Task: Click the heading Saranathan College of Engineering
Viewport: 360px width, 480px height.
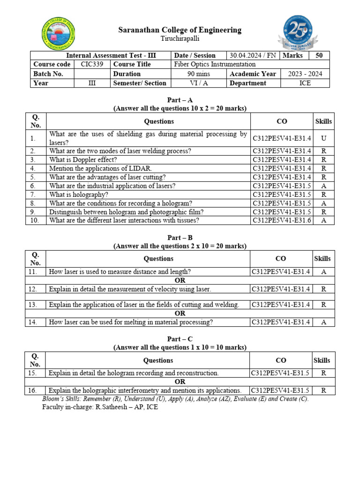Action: [180, 30]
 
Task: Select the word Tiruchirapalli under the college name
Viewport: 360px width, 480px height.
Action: [180, 38]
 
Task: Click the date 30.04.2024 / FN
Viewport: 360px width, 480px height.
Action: [253, 55]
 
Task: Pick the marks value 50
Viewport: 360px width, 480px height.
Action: [319, 55]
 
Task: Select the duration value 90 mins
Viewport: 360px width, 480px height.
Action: [199, 74]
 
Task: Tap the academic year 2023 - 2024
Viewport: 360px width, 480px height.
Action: [305, 74]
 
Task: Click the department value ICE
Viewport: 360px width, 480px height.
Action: [305, 83]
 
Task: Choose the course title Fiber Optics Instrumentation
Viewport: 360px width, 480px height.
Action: [215, 64]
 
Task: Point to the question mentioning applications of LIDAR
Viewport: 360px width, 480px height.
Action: [100, 168]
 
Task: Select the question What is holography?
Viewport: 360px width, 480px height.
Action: [79, 194]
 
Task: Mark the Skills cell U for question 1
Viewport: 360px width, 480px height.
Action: [323, 138]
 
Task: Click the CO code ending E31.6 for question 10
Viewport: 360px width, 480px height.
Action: [282, 220]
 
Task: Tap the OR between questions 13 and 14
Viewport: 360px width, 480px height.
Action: [180, 313]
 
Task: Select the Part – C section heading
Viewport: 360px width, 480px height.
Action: [180, 339]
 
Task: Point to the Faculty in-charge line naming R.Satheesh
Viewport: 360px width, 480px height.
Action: [100, 407]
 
